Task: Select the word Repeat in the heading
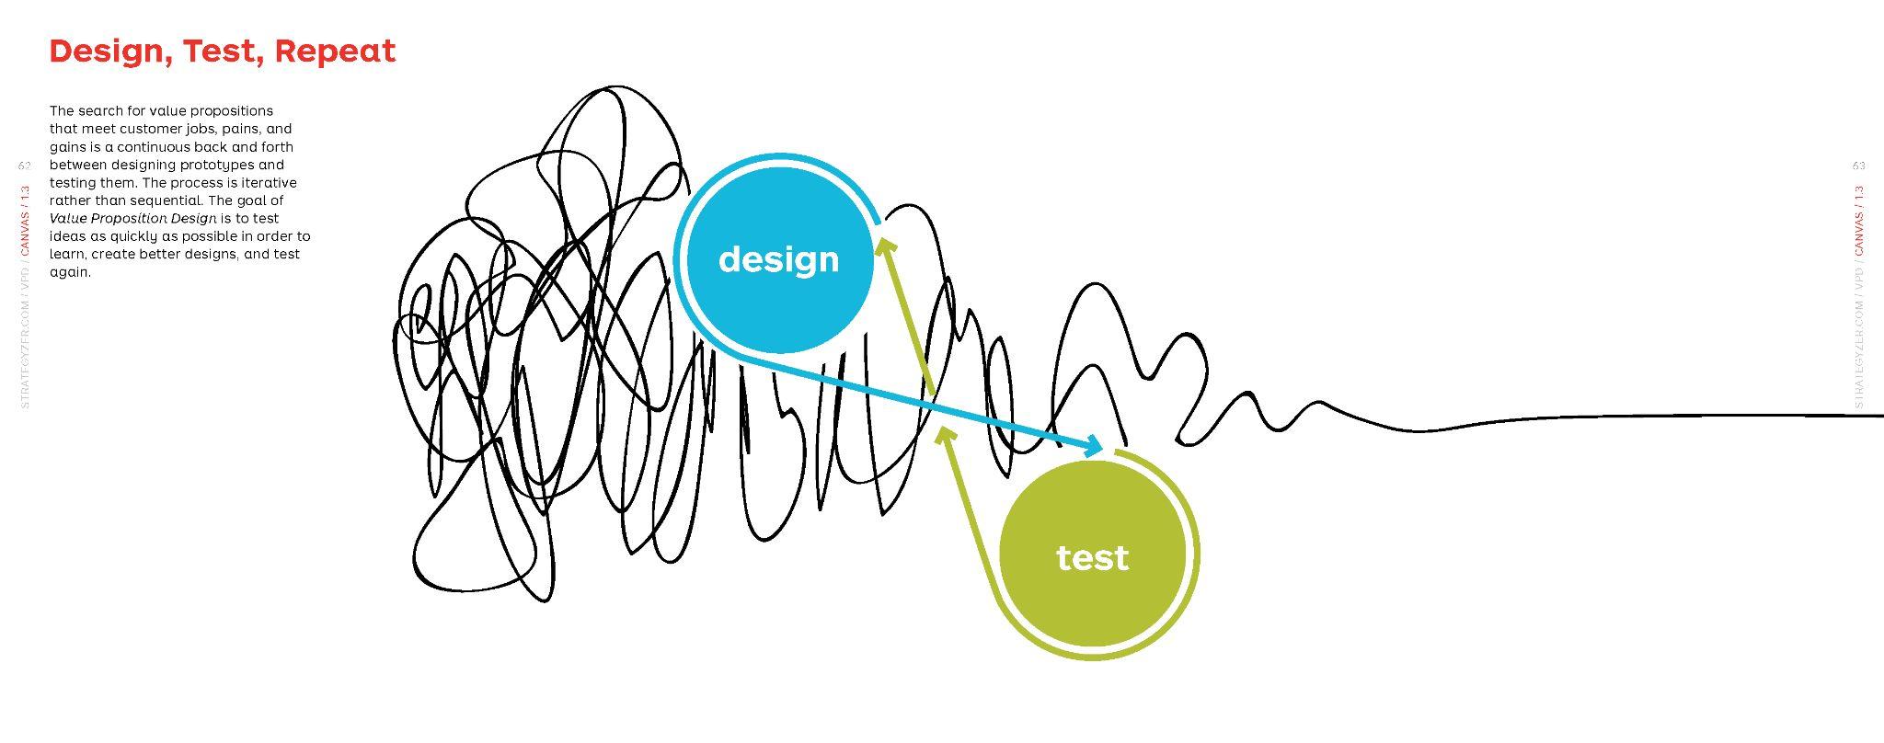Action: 335,51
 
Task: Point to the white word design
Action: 778,259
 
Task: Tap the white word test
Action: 1092,557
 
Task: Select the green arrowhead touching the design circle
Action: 885,246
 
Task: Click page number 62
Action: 25,166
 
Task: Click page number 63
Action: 1858,166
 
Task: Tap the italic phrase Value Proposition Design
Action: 133,219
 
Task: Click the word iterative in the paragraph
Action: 269,183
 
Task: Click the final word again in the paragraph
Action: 70,272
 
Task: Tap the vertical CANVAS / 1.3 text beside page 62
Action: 25,221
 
